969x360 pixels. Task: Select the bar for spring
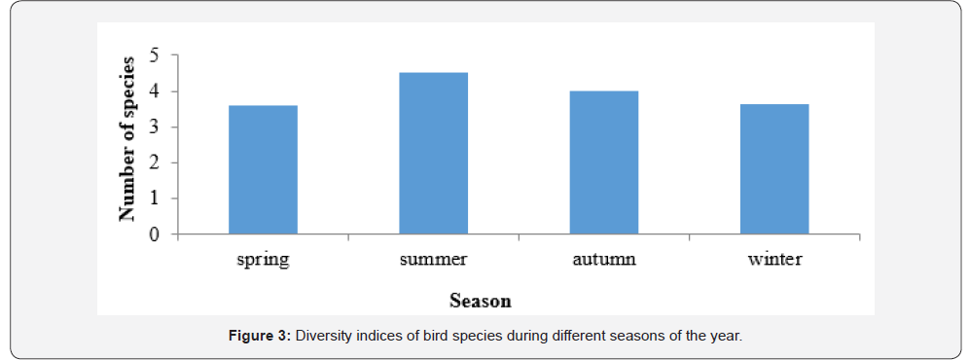[x=264, y=170]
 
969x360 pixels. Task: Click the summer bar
[x=433, y=154]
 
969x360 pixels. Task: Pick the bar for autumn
[x=604, y=162]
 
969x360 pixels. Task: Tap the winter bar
[x=774, y=169]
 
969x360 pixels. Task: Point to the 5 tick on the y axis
[x=155, y=55]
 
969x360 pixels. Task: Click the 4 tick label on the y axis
[x=155, y=91]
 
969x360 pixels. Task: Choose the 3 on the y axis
[x=155, y=127]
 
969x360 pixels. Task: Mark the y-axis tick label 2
[x=155, y=162]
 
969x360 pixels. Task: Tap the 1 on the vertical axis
[x=155, y=198]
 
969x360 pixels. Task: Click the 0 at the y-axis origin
[x=155, y=234]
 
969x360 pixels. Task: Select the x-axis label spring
[x=264, y=260]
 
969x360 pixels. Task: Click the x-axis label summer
[x=433, y=259]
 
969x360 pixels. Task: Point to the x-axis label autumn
[x=604, y=258]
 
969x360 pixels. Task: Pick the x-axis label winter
[x=774, y=258]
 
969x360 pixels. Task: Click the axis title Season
[x=481, y=302]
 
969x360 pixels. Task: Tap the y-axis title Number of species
[x=127, y=139]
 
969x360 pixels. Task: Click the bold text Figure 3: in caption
[x=260, y=337]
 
